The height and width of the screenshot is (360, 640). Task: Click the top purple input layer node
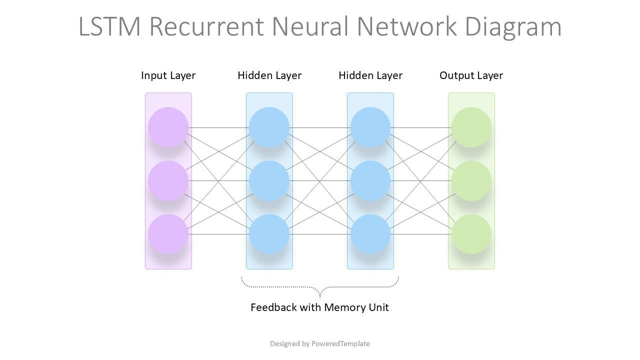click(168, 127)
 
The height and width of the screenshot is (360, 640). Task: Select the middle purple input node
click(168, 180)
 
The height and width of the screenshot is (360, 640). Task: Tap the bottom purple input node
click(168, 234)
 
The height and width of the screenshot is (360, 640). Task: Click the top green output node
click(471, 127)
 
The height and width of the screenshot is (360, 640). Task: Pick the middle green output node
click(471, 180)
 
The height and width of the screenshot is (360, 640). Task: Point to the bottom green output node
click(471, 234)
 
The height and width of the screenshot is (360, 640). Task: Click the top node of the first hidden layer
click(269, 127)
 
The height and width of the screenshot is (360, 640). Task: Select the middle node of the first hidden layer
click(269, 180)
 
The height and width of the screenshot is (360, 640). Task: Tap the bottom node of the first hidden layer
click(269, 234)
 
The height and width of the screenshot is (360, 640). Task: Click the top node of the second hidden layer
click(370, 127)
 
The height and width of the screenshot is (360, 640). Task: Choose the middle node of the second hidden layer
click(370, 180)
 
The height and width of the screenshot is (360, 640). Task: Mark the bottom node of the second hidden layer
click(370, 234)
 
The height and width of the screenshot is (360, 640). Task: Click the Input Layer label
click(168, 75)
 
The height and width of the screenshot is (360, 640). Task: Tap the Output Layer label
click(471, 75)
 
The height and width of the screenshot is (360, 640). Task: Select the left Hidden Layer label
click(269, 75)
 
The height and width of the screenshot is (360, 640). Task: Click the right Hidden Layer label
click(370, 75)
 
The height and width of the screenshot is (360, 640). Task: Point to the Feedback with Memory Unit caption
click(319, 307)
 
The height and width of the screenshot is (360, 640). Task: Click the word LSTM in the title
click(109, 26)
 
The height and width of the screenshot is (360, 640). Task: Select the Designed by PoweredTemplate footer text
click(320, 343)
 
